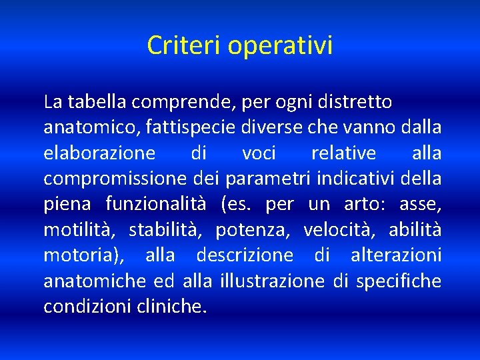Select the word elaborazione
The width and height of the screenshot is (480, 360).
pyautogui.click(x=99, y=153)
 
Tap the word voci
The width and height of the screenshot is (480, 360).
pyautogui.click(x=259, y=153)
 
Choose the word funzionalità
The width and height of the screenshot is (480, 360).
pyautogui.click(x=157, y=204)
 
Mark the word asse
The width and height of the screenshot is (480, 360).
pyautogui.click(x=423, y=205)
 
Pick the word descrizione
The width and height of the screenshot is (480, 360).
pyautogui.click(x=244, y=255)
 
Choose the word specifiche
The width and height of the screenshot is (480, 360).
pyautogui.click(x=398, y=281)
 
